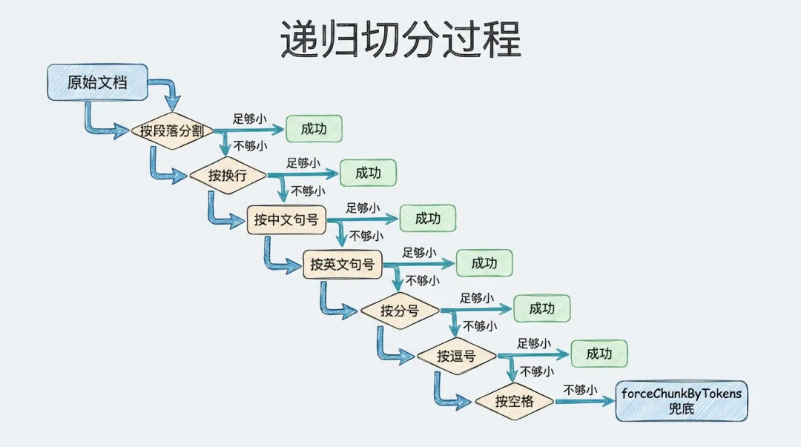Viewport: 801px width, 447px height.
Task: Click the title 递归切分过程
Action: tap(400, 39)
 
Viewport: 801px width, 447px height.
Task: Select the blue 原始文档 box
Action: tap(97, 82)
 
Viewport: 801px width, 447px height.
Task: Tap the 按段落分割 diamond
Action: tap(173, 131)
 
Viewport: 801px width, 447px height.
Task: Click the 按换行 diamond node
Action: tap(227, 176)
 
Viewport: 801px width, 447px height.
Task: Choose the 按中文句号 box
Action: tap(286, 219)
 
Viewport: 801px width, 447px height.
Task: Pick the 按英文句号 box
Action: tap(342, 264)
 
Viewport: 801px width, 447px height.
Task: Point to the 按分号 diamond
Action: tap(400, 311)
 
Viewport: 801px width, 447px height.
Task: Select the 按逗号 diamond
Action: tap(456, 356)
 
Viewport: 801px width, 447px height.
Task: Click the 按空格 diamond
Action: tap(514, 402)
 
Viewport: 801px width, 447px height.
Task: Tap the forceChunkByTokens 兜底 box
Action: tap(682, 401)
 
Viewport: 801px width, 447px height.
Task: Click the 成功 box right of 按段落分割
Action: tap(314, 129)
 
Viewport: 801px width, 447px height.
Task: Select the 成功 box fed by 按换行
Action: tap(368, 173)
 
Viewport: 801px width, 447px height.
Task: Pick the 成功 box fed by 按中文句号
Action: tap(427, 219)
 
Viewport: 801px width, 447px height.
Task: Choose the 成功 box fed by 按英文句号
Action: tap(484, 263)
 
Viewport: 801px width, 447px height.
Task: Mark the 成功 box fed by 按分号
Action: tap(542, 308)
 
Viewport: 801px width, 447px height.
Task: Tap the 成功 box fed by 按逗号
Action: tap(599, 354)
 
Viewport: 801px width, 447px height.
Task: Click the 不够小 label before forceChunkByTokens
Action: tap(580, 389)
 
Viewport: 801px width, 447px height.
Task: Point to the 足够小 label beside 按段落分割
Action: tap(249, 118)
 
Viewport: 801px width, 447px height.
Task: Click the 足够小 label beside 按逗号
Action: tap(534, 343)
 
